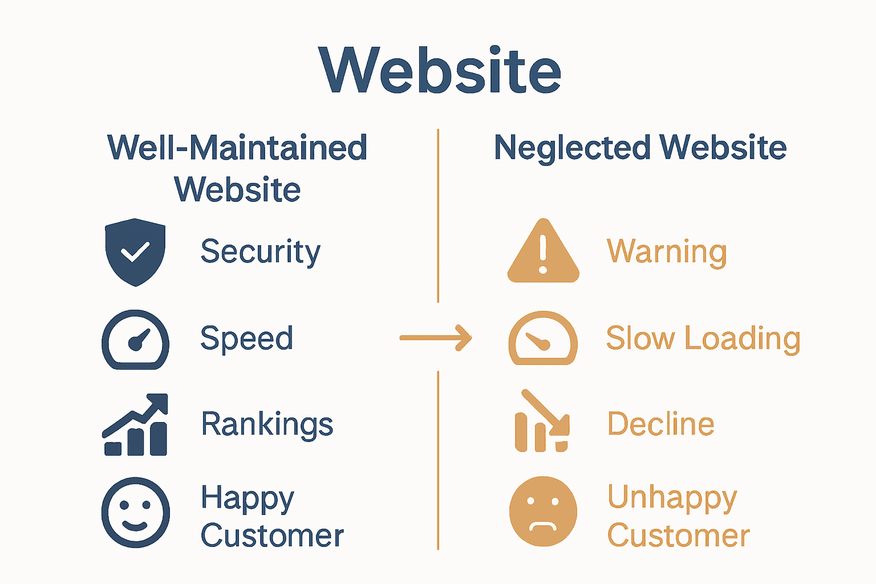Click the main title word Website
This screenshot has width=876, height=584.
440,71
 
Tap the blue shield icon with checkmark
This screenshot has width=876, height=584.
135,252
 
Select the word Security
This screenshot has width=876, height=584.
261,252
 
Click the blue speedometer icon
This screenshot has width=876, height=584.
135,339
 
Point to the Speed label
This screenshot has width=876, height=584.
246,338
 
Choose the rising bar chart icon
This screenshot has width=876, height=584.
136,425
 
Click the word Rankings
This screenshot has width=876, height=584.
267,424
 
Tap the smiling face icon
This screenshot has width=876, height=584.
135,512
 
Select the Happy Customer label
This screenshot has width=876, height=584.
272,517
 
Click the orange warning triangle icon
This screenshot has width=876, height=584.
543,252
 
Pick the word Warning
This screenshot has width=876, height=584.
667,252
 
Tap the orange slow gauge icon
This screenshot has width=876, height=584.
543,338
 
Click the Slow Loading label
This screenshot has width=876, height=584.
703,338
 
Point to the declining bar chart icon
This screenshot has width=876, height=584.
542,422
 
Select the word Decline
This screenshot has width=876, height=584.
660,424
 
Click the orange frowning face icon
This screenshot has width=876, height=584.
543,512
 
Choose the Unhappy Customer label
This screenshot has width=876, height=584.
678,517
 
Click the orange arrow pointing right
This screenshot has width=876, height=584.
436,338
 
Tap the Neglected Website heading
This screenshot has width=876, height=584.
640,148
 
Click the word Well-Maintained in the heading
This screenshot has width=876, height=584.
237,148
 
